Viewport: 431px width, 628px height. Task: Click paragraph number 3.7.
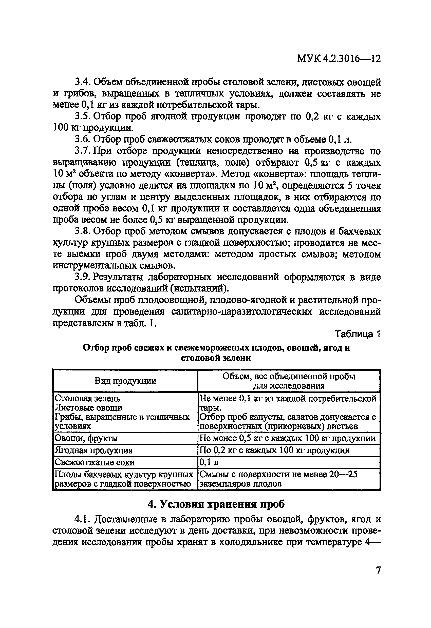(x=83, y=151)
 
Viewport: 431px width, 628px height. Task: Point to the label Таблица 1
(x=358, y=334)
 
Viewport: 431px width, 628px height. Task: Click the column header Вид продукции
(x=125, y=381)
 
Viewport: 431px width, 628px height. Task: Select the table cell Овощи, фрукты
(x=86, y=438)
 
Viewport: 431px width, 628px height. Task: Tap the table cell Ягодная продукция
(x=93, y=450)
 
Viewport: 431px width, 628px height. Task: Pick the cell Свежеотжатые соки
(x=95, y=462)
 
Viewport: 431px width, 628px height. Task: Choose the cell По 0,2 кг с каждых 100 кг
(x=274, y=450)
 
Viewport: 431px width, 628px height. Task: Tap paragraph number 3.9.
(x=83, y=277)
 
